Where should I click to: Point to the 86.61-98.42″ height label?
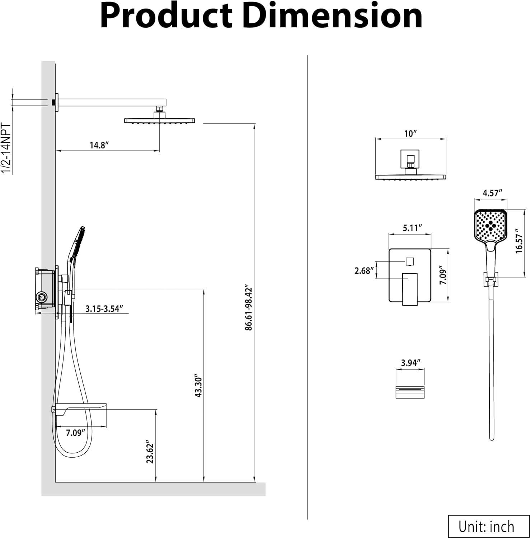249,308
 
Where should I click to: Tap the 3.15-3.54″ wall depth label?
104,308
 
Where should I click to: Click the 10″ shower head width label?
410,133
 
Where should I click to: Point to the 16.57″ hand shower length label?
519,241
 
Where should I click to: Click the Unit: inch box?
486,527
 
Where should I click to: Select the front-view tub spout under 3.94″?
410,392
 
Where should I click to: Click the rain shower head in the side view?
159,121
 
